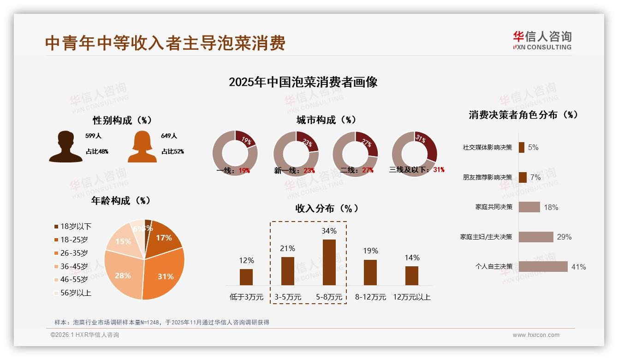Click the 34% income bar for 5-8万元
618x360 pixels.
[x=329, y=262]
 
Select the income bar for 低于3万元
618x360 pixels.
[x=246, y=277]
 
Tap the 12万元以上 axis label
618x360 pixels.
[x=411, y=297]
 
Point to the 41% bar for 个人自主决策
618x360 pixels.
[x=543, y=266]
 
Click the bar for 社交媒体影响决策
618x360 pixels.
[x=521, y=147]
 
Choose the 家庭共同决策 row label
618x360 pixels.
[x=493, y=207]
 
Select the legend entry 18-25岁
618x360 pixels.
[x=74, y=240]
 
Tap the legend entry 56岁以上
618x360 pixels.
[x=76, y=293]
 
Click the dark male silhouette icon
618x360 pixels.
[x=65, y=146]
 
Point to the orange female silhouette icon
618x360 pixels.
[x=142, y=146]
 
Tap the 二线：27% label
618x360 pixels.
[x=357, y=170]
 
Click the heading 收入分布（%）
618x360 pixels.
[x=327, y=208]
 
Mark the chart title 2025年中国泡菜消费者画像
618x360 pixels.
[x=303, y=82]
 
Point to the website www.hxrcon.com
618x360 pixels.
[x=535, y=335]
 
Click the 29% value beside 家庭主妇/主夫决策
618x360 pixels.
[x=564, y=237]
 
